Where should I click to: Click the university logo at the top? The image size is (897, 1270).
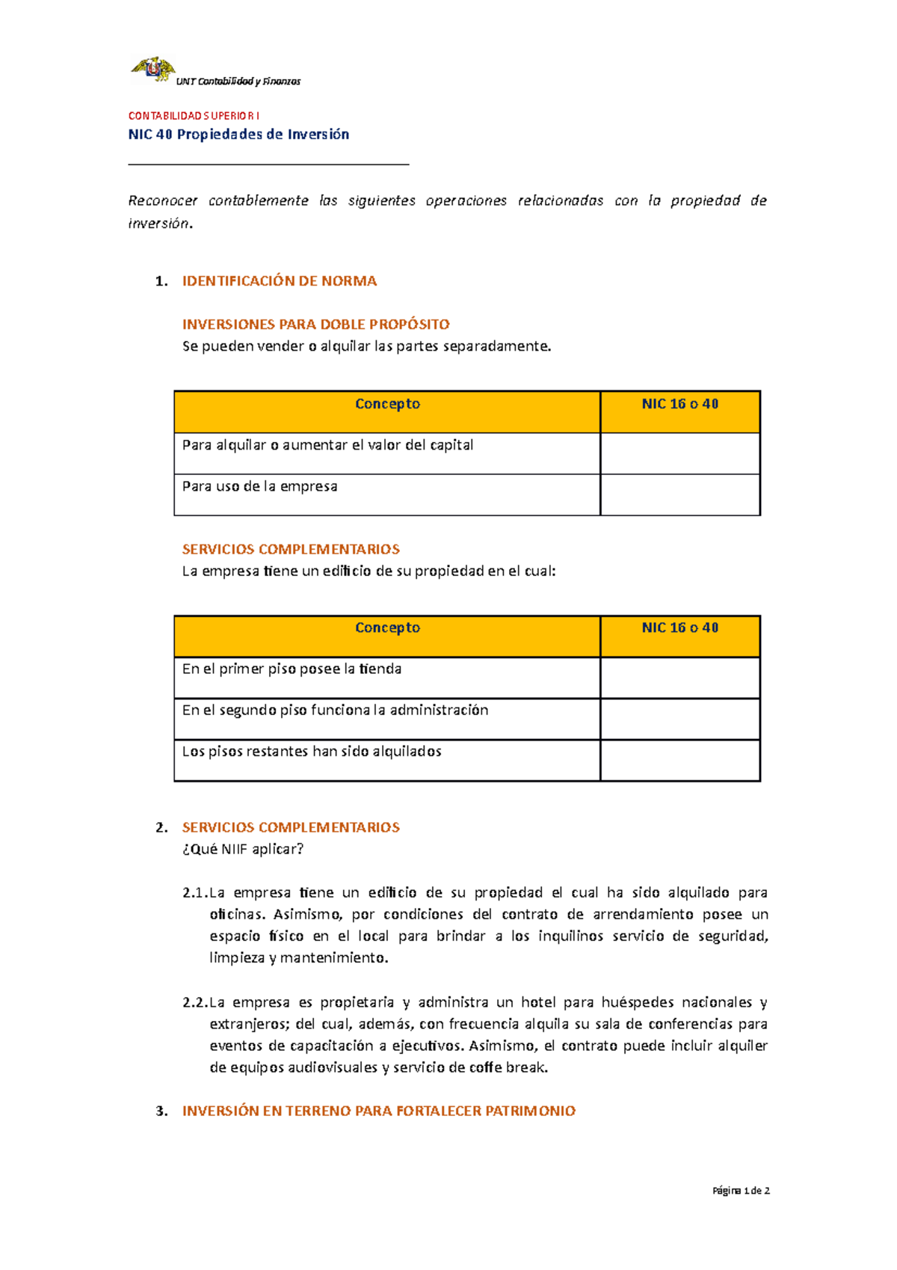pyautogui.click(x=153, y=69)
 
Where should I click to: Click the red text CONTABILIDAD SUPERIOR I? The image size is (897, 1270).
pyautogui.click(x=194, y=116)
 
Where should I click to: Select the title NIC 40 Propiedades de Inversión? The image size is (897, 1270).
pyautogui.click(x=238, y=135)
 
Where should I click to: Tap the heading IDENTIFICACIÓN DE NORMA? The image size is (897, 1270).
pyautogui.click(x=279, y=281)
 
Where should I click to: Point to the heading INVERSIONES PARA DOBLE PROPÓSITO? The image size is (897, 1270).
pyautogui.click(x=315, y=325)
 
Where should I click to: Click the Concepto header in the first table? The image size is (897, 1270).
pyautogui.click(x=387, y=405)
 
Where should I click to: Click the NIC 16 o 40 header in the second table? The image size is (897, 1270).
pyautogui.click(x=679, y=628)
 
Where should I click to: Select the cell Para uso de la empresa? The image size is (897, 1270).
pyautogui.click(x=259, y=487)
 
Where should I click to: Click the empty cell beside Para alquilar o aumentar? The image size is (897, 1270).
pyautogui.click(x=679, y=453)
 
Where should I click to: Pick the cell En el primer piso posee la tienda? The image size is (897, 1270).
pyautogui.click(x=292, y=669)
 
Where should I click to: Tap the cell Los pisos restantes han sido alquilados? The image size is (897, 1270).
pyautogui.click(x=312, y=752)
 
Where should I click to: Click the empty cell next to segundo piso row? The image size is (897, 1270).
pyautogui.click(x=679, y=719)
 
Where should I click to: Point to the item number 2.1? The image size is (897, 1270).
pyautogui.click(x=194, y=893)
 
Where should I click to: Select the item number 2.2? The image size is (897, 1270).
pyautogui.click(x=194, y=1003)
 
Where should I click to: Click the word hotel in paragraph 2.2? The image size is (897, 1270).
pyautogui.click(x=538, y=1003)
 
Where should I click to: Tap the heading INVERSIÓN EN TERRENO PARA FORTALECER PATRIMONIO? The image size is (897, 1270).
pyautogui.click(x=378, y=1111)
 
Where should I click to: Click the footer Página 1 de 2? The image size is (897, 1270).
pyautogui.click(x=741, y=1191)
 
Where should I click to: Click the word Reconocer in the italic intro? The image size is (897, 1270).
pyautogui.click(x=162, y=201)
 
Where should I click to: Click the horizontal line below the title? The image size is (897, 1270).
pyautogui.click(x=268, y=164)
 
